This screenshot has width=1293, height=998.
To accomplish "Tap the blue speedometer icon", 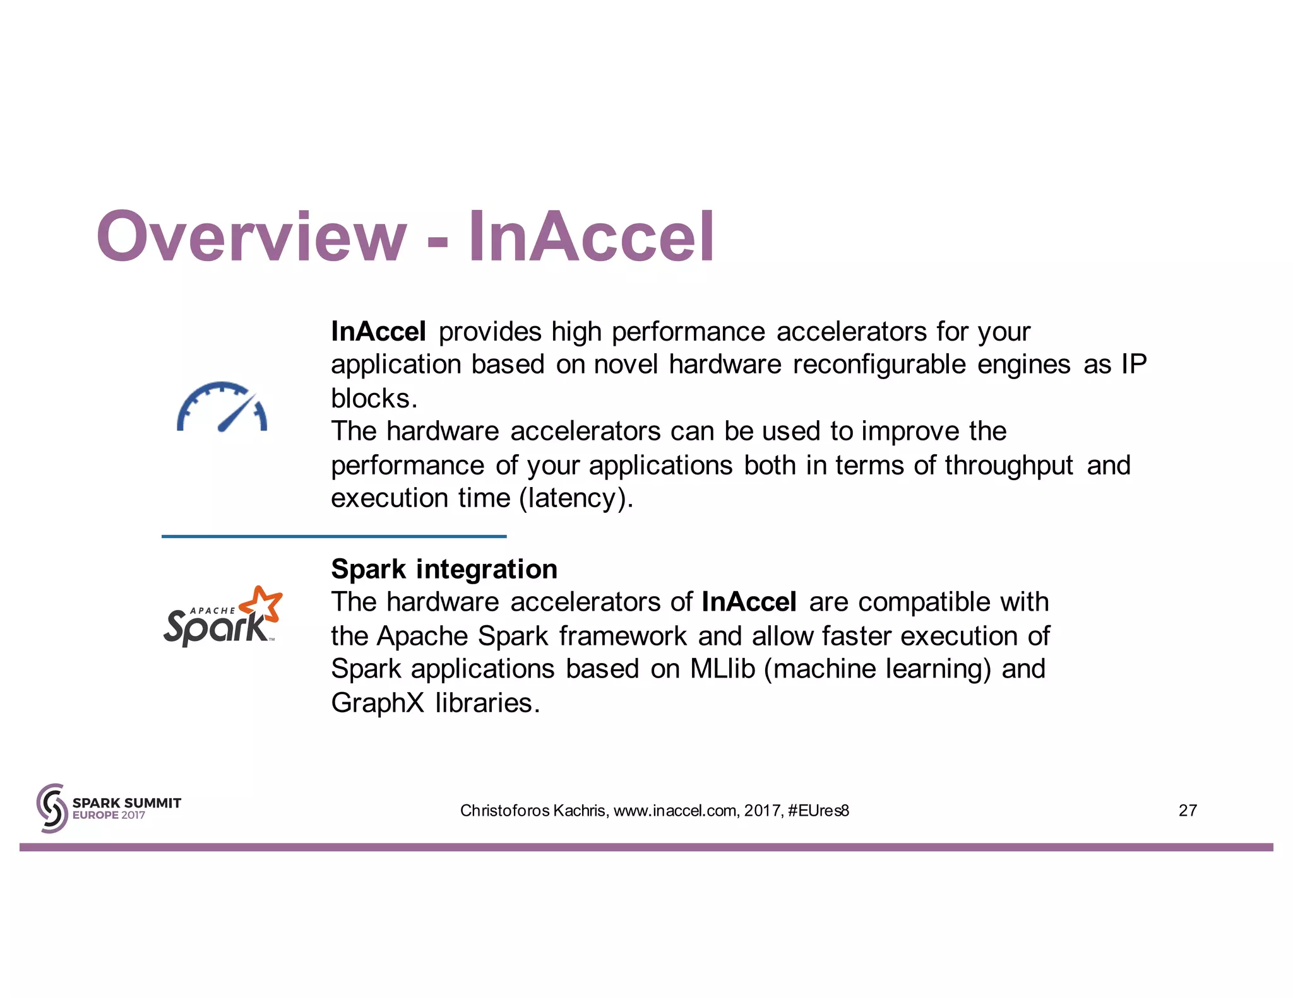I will click(222, 407).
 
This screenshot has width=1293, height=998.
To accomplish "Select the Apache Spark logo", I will click(222, 616).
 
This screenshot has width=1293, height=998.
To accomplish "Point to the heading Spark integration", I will click(444, 569).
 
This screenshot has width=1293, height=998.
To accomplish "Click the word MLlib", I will click(722, 669).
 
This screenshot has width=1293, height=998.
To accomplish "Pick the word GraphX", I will click(378, 703).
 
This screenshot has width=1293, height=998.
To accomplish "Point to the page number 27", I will click(1188, 811).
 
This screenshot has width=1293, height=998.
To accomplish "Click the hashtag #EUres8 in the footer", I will click(818, 811).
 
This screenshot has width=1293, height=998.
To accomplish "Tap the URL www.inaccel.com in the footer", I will click(674, 811).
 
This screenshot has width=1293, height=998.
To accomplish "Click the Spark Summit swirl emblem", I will click(52, 808).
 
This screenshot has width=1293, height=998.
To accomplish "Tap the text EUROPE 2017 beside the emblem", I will click(109, 815).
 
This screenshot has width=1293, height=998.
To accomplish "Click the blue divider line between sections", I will click(334, 536).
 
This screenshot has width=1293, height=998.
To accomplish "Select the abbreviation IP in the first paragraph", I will click(1133, 365).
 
